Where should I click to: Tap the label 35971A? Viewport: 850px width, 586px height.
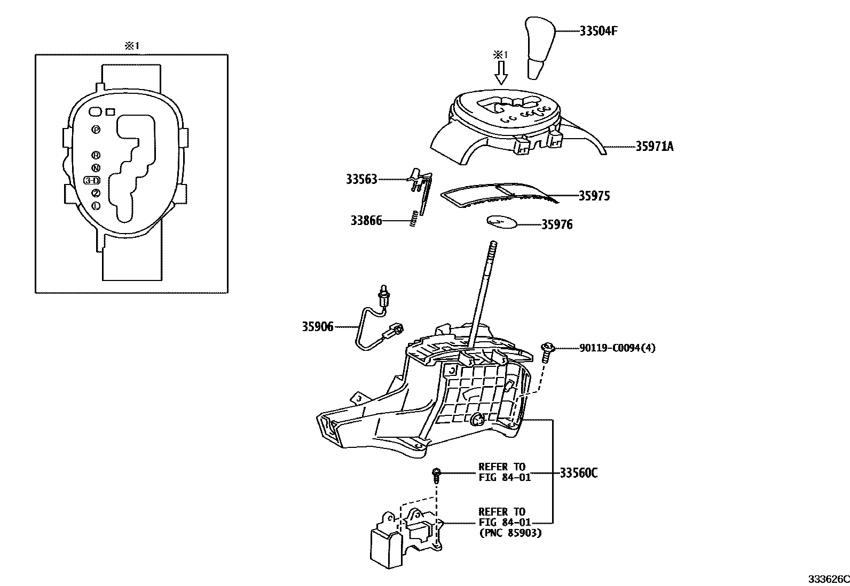click(654, 147)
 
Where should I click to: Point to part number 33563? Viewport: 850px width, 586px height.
click(361, 180)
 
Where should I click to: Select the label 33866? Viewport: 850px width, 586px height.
click(366, 220)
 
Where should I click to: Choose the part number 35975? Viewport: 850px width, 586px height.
click(594, 196)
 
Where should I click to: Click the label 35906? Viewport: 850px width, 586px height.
click(318, 327)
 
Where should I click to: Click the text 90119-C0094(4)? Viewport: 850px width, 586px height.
click(617, 348)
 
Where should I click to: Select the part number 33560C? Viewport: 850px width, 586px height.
click(578, 473)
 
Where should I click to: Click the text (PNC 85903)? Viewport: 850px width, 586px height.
click(510, 532)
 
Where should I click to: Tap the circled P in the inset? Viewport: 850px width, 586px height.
click(96, 130)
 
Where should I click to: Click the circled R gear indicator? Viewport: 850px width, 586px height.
click(96, 155)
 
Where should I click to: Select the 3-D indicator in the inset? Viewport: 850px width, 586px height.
click(92, 180)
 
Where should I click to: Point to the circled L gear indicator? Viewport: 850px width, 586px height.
click(96, 206)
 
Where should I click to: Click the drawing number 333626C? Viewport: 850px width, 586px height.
click(828, 579)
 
